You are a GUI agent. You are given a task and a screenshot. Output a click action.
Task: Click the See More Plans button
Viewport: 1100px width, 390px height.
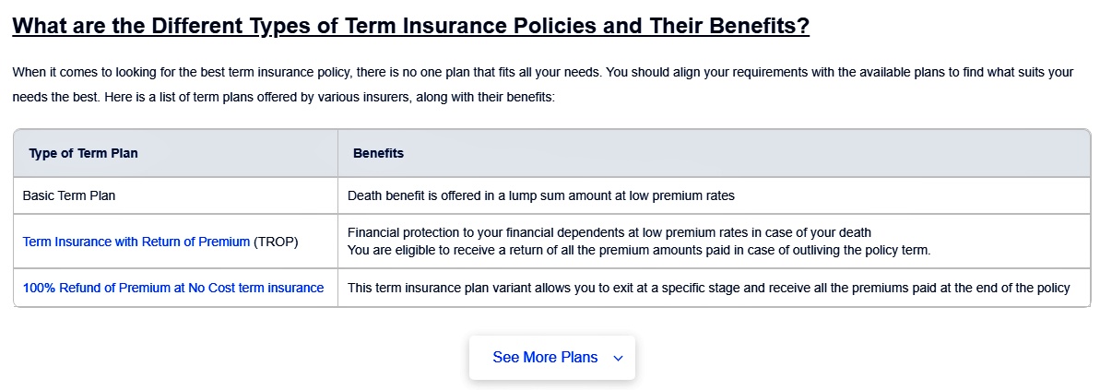[x=552, y=358]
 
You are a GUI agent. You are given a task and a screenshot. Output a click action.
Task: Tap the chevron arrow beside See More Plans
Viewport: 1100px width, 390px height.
[x=618, y=359]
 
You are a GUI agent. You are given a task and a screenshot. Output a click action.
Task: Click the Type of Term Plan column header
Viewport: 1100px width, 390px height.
[x=84, y=154]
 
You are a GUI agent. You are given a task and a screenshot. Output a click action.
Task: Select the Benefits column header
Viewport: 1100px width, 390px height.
[x=378, y=154]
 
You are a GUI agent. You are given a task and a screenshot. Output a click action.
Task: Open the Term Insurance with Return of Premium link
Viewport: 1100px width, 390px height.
[x=136, y=242]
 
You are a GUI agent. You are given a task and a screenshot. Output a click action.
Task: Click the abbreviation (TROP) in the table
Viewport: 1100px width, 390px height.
[x=276, y=242]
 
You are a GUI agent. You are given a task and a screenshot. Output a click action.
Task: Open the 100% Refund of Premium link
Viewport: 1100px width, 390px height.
[x=173, y=288]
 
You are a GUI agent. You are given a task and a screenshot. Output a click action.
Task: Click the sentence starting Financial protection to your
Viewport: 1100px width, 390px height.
[x=609, y=232]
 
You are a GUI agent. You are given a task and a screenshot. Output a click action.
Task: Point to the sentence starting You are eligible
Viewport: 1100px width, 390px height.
[x=638, y=251]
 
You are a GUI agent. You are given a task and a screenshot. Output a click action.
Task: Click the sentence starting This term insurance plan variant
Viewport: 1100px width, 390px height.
[x=708, y=288]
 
